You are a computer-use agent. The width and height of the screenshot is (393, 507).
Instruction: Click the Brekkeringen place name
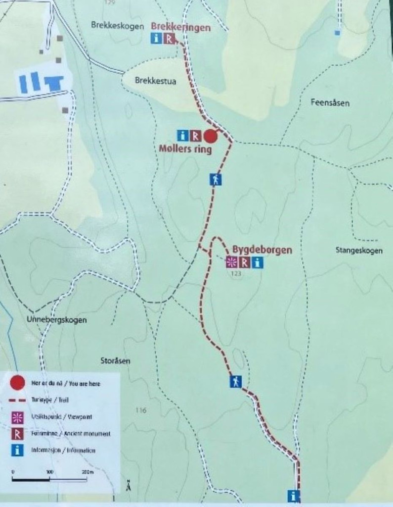180,28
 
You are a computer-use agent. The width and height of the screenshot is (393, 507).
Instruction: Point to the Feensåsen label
330,103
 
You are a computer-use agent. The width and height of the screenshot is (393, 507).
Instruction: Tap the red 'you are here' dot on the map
211,136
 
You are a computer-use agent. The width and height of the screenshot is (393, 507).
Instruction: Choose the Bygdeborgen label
262,250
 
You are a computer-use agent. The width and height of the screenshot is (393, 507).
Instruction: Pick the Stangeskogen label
359,251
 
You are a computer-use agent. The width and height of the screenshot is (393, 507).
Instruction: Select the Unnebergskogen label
56,320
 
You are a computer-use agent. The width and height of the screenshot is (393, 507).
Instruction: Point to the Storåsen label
115,361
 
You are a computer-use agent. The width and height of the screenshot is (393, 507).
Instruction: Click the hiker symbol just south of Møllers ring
216,179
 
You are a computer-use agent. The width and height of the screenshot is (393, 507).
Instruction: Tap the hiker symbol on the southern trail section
236,381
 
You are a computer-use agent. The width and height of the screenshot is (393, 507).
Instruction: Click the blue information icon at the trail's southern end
294,495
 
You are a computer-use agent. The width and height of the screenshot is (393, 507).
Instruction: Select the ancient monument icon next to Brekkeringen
170,39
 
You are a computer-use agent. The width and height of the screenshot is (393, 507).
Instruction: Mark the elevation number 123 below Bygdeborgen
235,273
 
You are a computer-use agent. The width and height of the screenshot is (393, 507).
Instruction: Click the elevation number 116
141,410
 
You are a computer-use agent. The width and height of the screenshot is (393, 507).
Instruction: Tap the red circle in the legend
17,383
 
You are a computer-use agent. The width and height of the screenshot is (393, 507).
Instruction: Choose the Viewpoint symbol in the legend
17,417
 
